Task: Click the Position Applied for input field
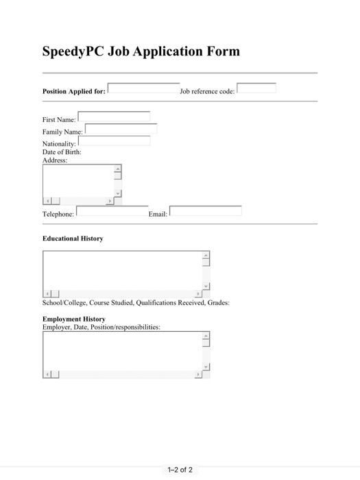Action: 143,88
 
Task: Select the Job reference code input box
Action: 256,88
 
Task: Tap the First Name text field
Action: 114,117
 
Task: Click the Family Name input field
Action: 121,129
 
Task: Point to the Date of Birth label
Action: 62,152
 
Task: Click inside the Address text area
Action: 77,181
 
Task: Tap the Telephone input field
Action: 112,211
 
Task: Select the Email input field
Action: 206,211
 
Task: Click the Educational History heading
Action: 73,239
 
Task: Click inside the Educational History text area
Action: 121,269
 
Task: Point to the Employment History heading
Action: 74,319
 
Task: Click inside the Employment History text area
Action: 121,351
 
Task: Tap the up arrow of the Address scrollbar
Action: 117,169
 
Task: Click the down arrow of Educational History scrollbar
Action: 206,286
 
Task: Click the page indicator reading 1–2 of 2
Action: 180,470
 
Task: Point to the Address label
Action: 55,160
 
